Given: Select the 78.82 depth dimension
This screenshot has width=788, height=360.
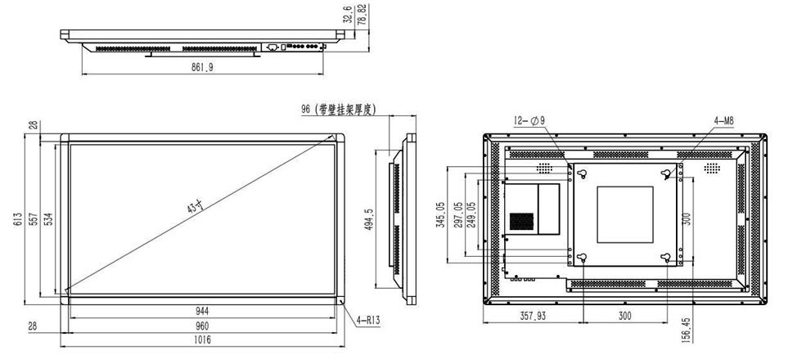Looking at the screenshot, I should coord(362,14).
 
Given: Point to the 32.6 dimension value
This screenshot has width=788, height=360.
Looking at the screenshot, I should coord(349,14).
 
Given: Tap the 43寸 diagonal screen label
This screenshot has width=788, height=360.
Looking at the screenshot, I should coord(196,209).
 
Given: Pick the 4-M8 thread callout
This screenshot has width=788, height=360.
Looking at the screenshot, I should coord(724,121).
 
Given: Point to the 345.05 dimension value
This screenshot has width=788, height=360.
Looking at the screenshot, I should coord(441,215).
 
